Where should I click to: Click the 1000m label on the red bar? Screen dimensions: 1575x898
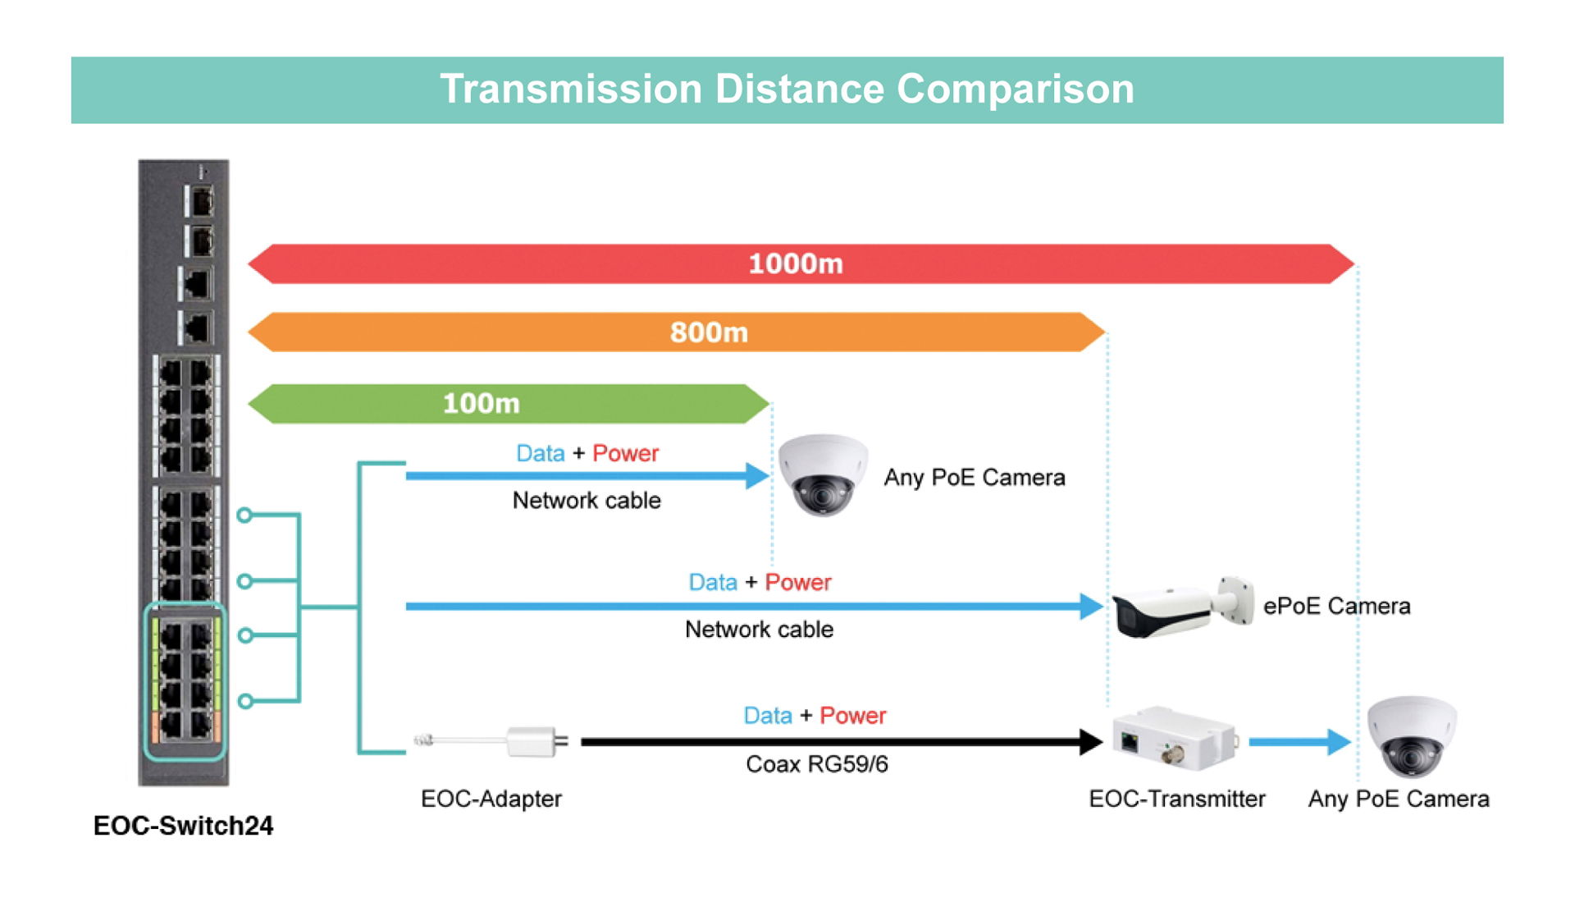[x=796, y=263]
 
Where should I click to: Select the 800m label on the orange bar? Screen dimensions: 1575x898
[x=709, y=332]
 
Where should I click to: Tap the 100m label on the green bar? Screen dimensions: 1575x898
[x=482, y=403]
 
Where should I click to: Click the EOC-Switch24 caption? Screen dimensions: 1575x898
[x=183, y=825]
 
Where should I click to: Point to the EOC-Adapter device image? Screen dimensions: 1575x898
[x=492, y=741]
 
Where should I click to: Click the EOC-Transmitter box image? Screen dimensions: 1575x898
[x=1175, y=738]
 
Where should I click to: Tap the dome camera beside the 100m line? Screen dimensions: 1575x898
[x=823, y=475]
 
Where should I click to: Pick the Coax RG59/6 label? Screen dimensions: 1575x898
[x=817, y=764]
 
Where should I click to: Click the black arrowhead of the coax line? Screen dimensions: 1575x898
[x=1091, y=742]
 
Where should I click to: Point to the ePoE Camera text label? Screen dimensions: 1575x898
[x=1337, y=606]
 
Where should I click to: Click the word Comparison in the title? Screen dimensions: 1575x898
[x=1016, y=89]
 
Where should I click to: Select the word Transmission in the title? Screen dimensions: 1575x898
[x=571, y=89]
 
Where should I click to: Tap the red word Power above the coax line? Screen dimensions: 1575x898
[x=853, y=716]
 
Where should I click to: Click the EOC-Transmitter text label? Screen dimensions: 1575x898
[x=1177, y=799]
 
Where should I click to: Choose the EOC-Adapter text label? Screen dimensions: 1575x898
[x=491, y=799]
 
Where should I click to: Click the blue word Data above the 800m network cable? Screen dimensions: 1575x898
[x=713, y=583]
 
